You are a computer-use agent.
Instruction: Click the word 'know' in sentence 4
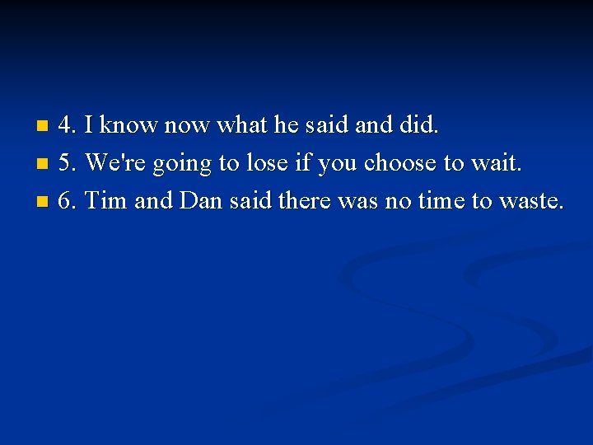[129, 126]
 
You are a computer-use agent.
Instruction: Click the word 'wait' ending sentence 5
[494, 163]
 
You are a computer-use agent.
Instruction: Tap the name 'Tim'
[105, 200]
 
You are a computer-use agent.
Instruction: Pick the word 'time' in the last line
[437, 200]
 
